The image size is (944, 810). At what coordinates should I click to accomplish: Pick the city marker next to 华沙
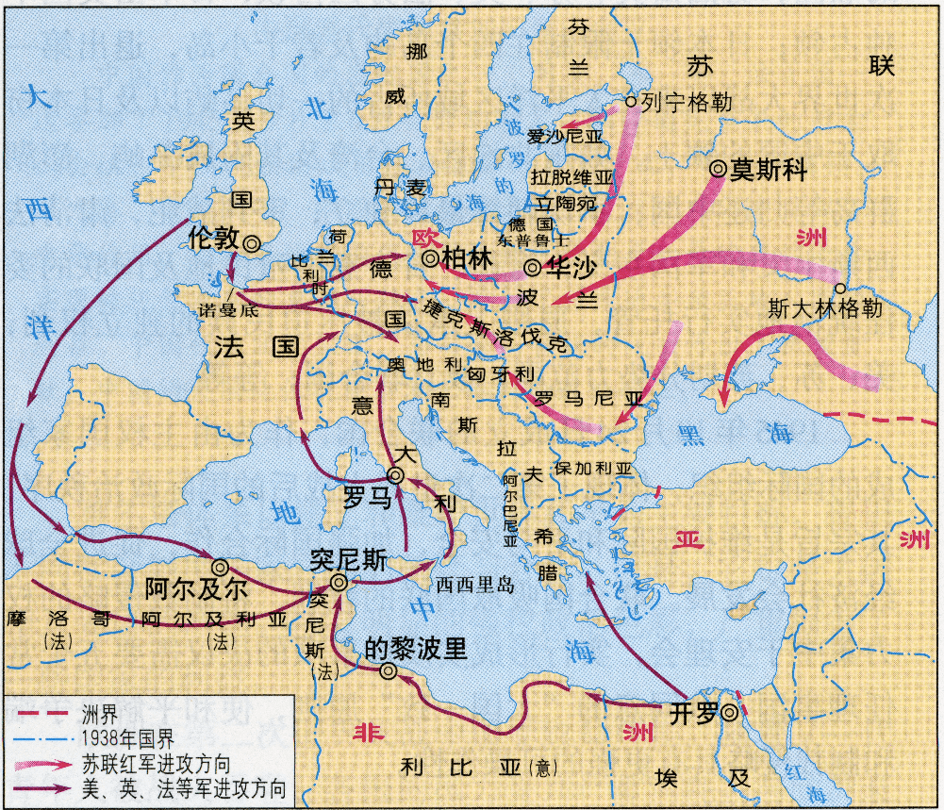[x=533, y=267]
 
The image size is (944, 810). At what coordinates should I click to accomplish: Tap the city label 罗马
[x=367, y=497]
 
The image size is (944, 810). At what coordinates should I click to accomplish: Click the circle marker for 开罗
[x=729, y=714]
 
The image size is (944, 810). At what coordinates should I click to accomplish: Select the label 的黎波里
[x=416, y=649]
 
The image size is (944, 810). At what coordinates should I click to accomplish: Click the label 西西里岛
[x=475, y=585]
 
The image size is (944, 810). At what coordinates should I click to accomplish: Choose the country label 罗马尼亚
[x=588, y=398]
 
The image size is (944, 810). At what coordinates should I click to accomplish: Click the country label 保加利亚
[x=594, y=468]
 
